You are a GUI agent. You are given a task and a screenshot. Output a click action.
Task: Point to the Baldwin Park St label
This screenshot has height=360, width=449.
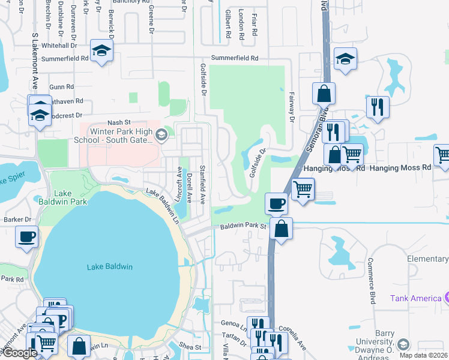click(x=243, y=226)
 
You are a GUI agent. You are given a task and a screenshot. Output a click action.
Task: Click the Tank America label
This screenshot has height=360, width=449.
click(x=415, y=298)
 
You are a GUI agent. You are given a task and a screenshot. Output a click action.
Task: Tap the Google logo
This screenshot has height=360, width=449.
click(x=19, y=353)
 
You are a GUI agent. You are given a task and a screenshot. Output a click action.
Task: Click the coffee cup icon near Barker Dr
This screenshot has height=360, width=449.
click(x=26, y=236)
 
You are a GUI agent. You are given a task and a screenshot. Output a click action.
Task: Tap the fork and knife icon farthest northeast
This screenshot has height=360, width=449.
click(x=378, y=106)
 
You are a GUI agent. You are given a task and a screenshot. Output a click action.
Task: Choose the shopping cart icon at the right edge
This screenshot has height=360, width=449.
click(x=443, y=154)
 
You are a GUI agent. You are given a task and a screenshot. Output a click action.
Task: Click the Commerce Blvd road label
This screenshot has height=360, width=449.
click(x=372, y=281)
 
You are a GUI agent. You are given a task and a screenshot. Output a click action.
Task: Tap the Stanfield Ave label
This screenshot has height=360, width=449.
click(x=203, y=184)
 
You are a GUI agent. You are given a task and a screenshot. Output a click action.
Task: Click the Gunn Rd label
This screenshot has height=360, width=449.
click(x=61, y=87)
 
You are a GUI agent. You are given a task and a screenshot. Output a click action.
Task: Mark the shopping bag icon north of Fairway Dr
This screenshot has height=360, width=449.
click(x=324, y=93)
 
